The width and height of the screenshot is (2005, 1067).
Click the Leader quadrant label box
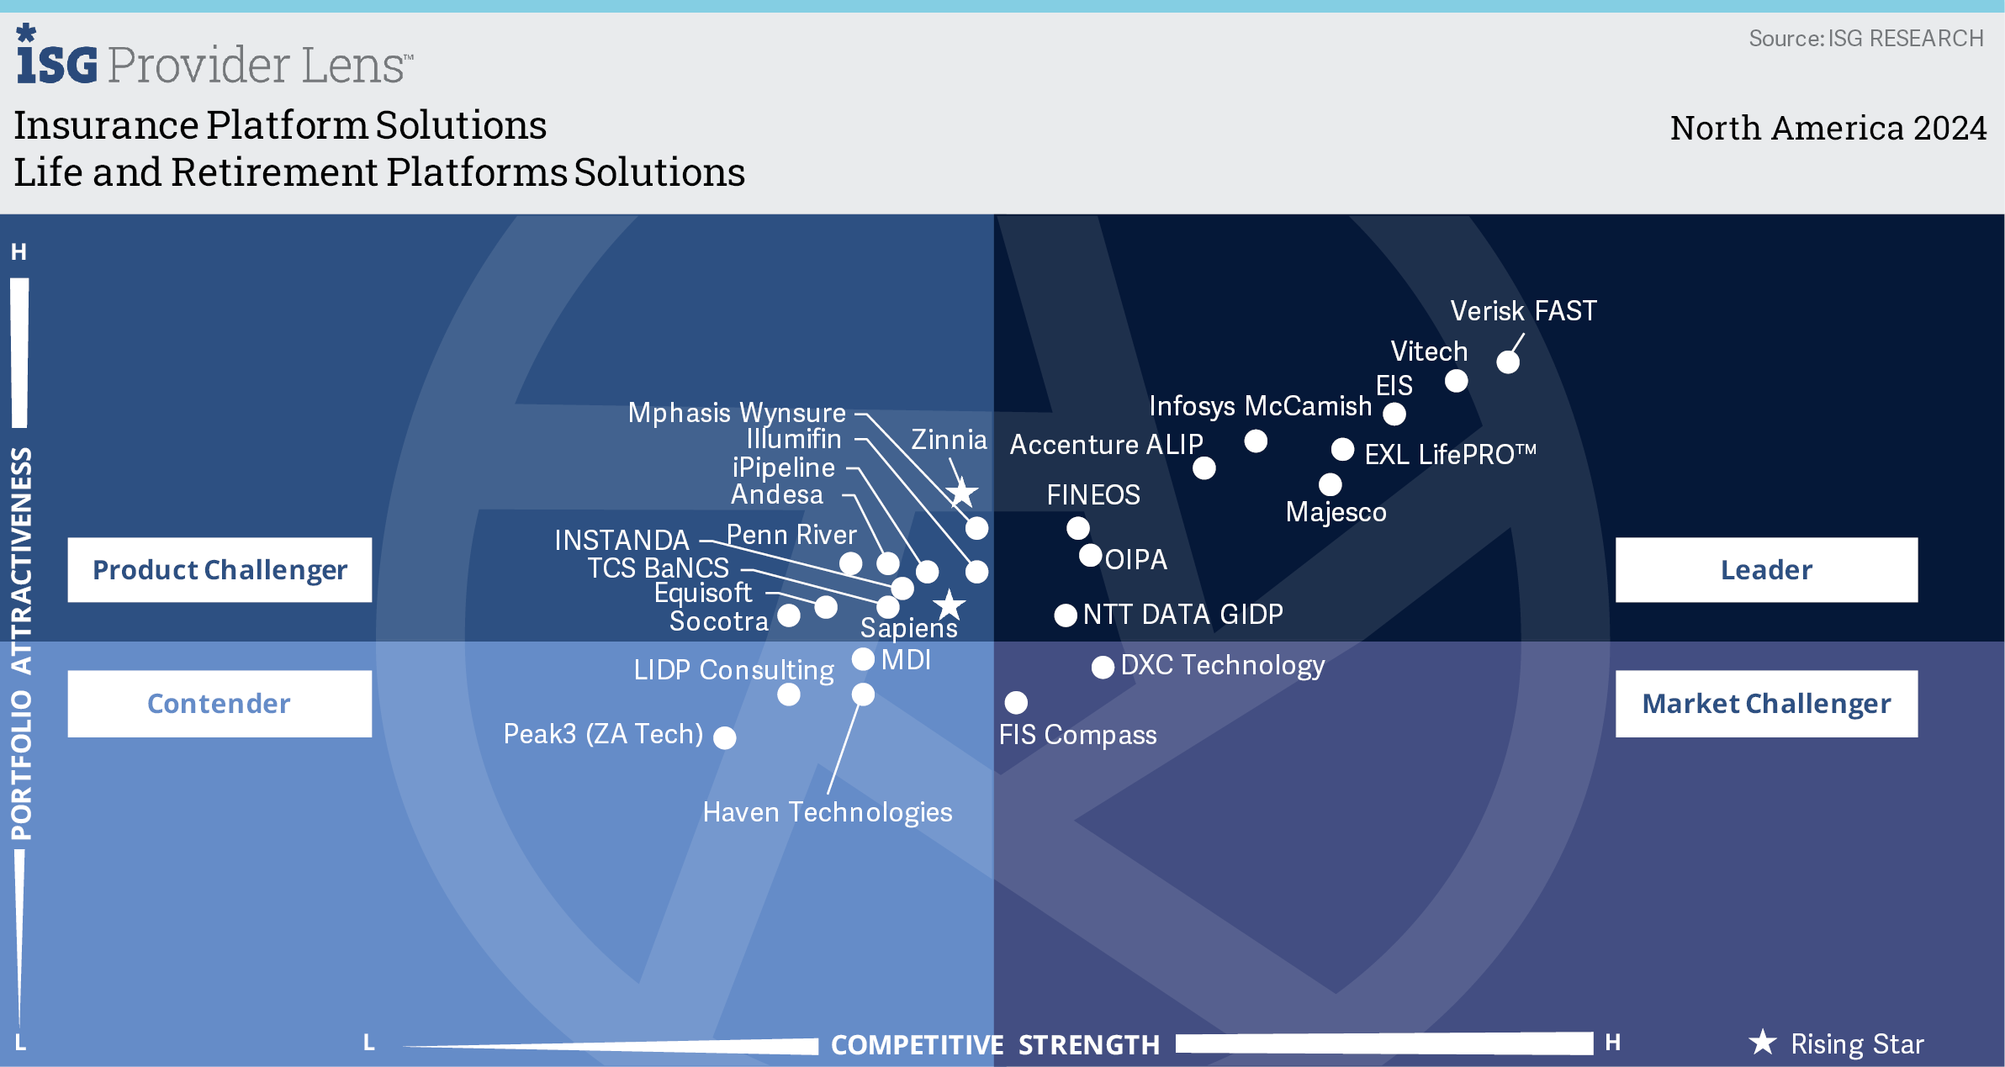click(1766, 570)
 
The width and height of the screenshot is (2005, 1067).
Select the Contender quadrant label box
click(220, 704)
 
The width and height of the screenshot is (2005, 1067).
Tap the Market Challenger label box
click(1766, 704)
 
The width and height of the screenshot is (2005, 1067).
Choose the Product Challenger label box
click(220, 570)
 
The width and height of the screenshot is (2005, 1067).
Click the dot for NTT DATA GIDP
click(1066, 615)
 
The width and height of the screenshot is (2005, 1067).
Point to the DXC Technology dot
click(1103, 668)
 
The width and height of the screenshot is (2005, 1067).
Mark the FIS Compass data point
click(1016, 702)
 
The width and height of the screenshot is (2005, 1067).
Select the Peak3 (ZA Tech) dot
click(725, 737)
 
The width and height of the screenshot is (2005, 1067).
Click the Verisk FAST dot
click(1508, 362)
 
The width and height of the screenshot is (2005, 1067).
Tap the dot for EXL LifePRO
click(1343, 449)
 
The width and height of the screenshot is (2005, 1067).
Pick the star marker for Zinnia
click(962, 494)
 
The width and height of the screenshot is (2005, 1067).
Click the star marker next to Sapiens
click(950, 604)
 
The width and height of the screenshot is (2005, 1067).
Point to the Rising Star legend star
click(1763, 1043)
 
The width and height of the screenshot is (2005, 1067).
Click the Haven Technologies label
click(828, 812)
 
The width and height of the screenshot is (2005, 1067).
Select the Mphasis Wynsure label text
click(737, 413)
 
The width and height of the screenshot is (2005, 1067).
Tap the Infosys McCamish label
click(1260, 406)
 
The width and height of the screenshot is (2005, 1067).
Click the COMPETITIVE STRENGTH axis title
click(996, 1045)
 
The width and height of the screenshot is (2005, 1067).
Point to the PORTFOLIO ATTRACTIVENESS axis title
click(21, 643)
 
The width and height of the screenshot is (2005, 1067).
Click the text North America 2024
click(1828, 128)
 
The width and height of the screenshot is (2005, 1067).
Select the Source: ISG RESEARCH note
click(1865, 39)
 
